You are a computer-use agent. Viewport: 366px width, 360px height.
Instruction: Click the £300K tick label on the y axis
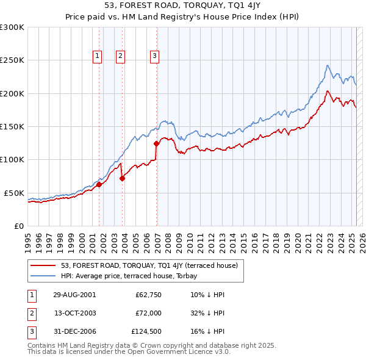coord(12,27)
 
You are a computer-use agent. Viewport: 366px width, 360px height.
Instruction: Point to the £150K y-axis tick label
coord(12,126)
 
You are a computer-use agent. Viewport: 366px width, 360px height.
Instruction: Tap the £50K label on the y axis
coord(14,193)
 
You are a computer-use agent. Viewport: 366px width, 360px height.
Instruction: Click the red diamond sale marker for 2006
coord(157,144)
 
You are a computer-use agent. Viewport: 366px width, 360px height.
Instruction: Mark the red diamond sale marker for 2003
coord(123,178)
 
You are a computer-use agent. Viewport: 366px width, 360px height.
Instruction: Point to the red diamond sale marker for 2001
coord(99,184)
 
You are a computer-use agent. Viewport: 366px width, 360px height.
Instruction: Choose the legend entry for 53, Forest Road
coord(152,265)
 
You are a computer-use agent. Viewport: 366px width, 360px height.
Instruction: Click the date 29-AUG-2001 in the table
coord(75,294)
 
